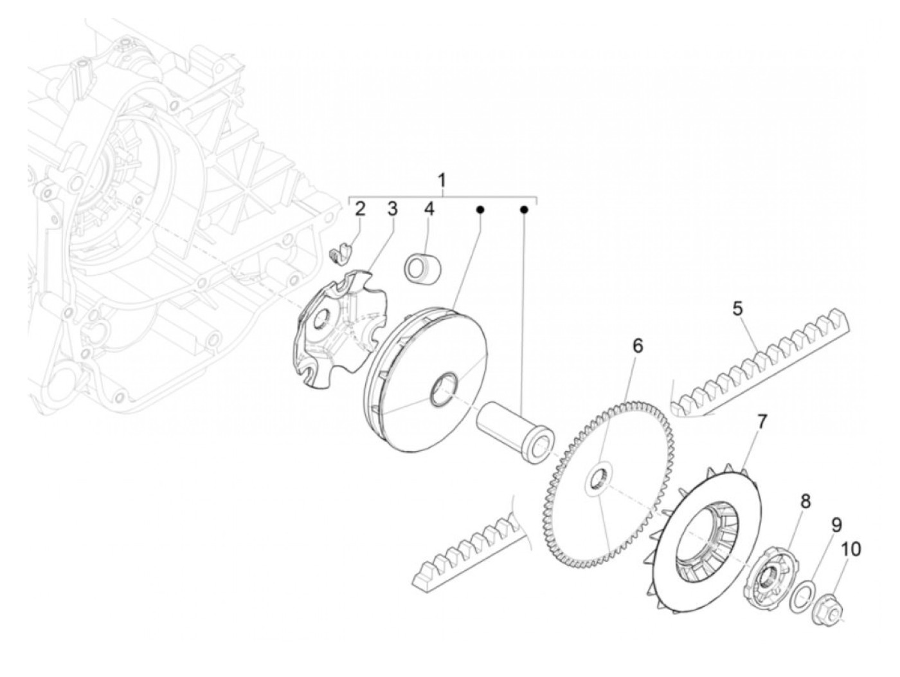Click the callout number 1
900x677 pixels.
click(x=442, y=180)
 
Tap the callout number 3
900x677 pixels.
click(x=392, y=209)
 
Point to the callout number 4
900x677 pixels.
click(x=429, y=209)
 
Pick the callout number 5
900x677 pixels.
click(x=737, y=308)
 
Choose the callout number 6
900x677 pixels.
click(x=637, y=346)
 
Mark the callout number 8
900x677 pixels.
click(x=806, y=501)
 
